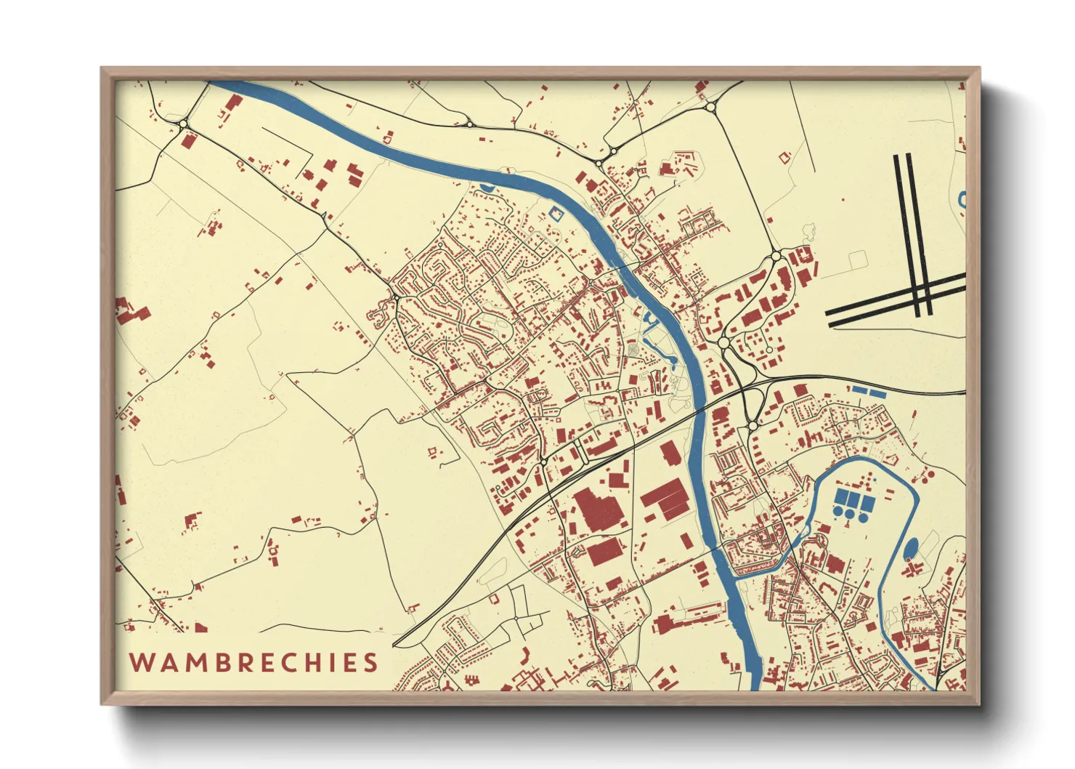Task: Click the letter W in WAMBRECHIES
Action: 141,663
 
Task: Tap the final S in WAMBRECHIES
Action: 371,663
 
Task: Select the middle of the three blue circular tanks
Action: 849,512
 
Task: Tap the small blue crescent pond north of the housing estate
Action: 486,189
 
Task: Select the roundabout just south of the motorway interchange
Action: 752,424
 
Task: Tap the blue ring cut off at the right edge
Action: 962,198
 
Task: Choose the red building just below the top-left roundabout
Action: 188,140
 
